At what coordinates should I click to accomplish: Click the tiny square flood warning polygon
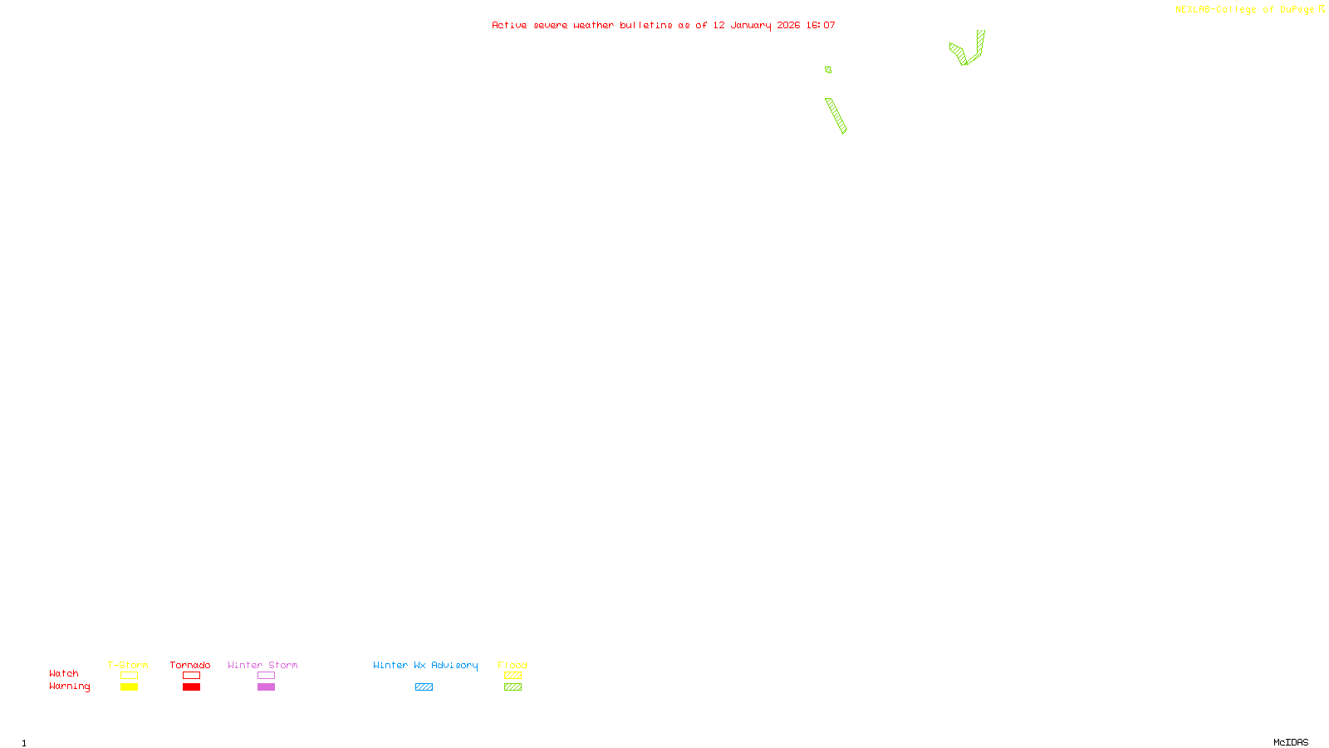click(x=828, y=70)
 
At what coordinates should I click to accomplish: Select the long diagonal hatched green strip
click(x=836, y=116)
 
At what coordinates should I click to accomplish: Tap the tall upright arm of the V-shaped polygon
click(x=980, y=43)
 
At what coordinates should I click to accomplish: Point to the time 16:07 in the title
click(x=820, y=25)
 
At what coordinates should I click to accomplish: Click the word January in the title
click(x=750, y=25)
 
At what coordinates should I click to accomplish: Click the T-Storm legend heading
click(x=128, y=665)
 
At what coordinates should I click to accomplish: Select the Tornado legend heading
click(x=190, y=665)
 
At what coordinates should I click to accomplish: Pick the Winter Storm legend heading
click(x=262, y=665)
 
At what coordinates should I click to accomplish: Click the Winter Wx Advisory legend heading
click(x=425, y=665)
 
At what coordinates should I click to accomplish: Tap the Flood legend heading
click(x=512, y=665)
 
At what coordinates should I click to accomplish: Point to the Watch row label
click(x=64, y=673)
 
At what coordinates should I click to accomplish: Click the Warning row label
click(x=69, y=686)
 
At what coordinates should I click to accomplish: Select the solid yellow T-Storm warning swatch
click(x=129, y=687)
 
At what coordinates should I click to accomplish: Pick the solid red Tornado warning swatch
click(x=191, y=687)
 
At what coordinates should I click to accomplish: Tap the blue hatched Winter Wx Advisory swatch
click(x=424, y=687)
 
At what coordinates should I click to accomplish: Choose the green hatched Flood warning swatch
click(x=512, y=687)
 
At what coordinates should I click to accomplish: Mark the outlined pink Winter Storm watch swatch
click(x=266, y=676)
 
